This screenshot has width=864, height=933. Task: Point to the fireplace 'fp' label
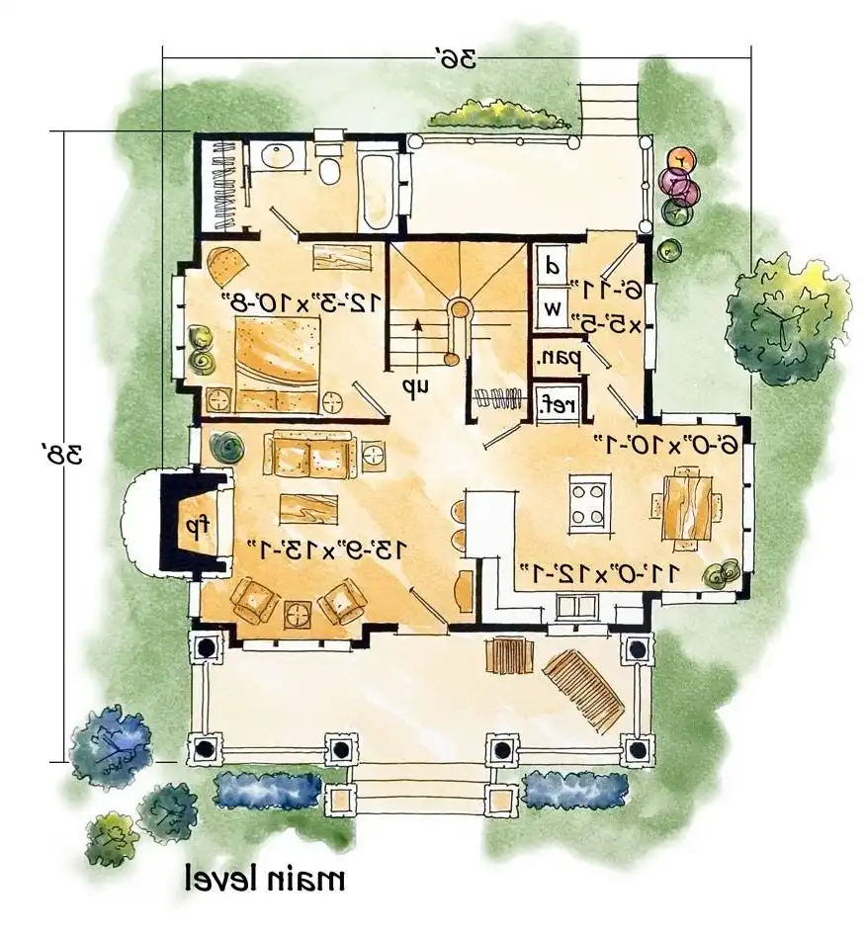click(x=190, y=525)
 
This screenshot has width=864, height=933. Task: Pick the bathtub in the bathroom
click(x=377, y=187)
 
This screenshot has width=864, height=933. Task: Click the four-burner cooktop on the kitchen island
click(x=589, y=502)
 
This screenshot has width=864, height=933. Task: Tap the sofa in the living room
click(x=308, y=456)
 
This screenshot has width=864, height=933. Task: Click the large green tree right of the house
click(x=785, y=318)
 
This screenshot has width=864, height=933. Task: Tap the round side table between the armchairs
click(x=299, y=613)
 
